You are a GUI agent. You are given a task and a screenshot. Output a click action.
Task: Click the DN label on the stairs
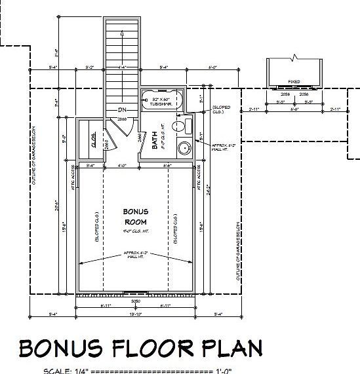[x=122, y=109]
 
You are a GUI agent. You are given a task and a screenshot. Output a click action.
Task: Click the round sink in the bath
[x=184, y=147]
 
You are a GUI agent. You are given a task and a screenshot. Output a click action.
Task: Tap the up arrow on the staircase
[x=121, y=33]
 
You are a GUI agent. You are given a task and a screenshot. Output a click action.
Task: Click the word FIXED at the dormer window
[x=294, y=82]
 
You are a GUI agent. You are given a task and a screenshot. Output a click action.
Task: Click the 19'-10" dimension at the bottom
[x=135, y=314]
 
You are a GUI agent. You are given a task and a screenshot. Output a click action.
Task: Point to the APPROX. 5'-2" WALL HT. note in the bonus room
[x=135, y=255]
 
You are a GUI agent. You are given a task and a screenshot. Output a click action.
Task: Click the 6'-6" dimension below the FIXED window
[x=294, y=109]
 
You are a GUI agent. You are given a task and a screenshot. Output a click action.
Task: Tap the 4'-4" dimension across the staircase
[x=121, y=67]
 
